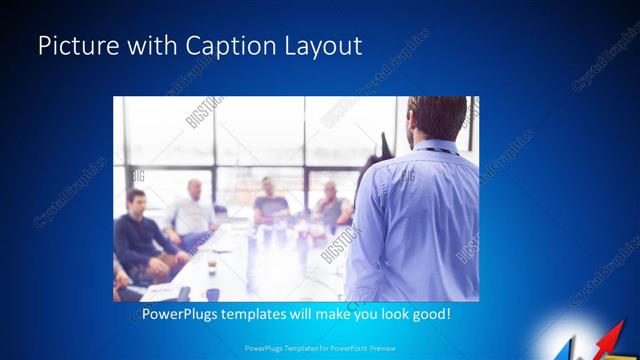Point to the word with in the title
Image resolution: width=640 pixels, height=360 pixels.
click(142, 46)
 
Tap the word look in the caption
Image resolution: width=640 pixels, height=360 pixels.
click(388, 314)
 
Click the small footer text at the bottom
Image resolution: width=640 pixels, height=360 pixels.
click(319, 348)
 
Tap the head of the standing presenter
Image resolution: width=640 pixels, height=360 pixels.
click(436, 118)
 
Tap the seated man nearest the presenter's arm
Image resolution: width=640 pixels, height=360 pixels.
click(332, 204)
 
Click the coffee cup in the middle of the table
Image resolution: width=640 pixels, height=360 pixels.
click(211, 265)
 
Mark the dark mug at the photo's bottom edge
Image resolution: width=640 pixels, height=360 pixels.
click(212, 294)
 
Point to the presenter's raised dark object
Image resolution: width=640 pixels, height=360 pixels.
click(383, 149)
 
